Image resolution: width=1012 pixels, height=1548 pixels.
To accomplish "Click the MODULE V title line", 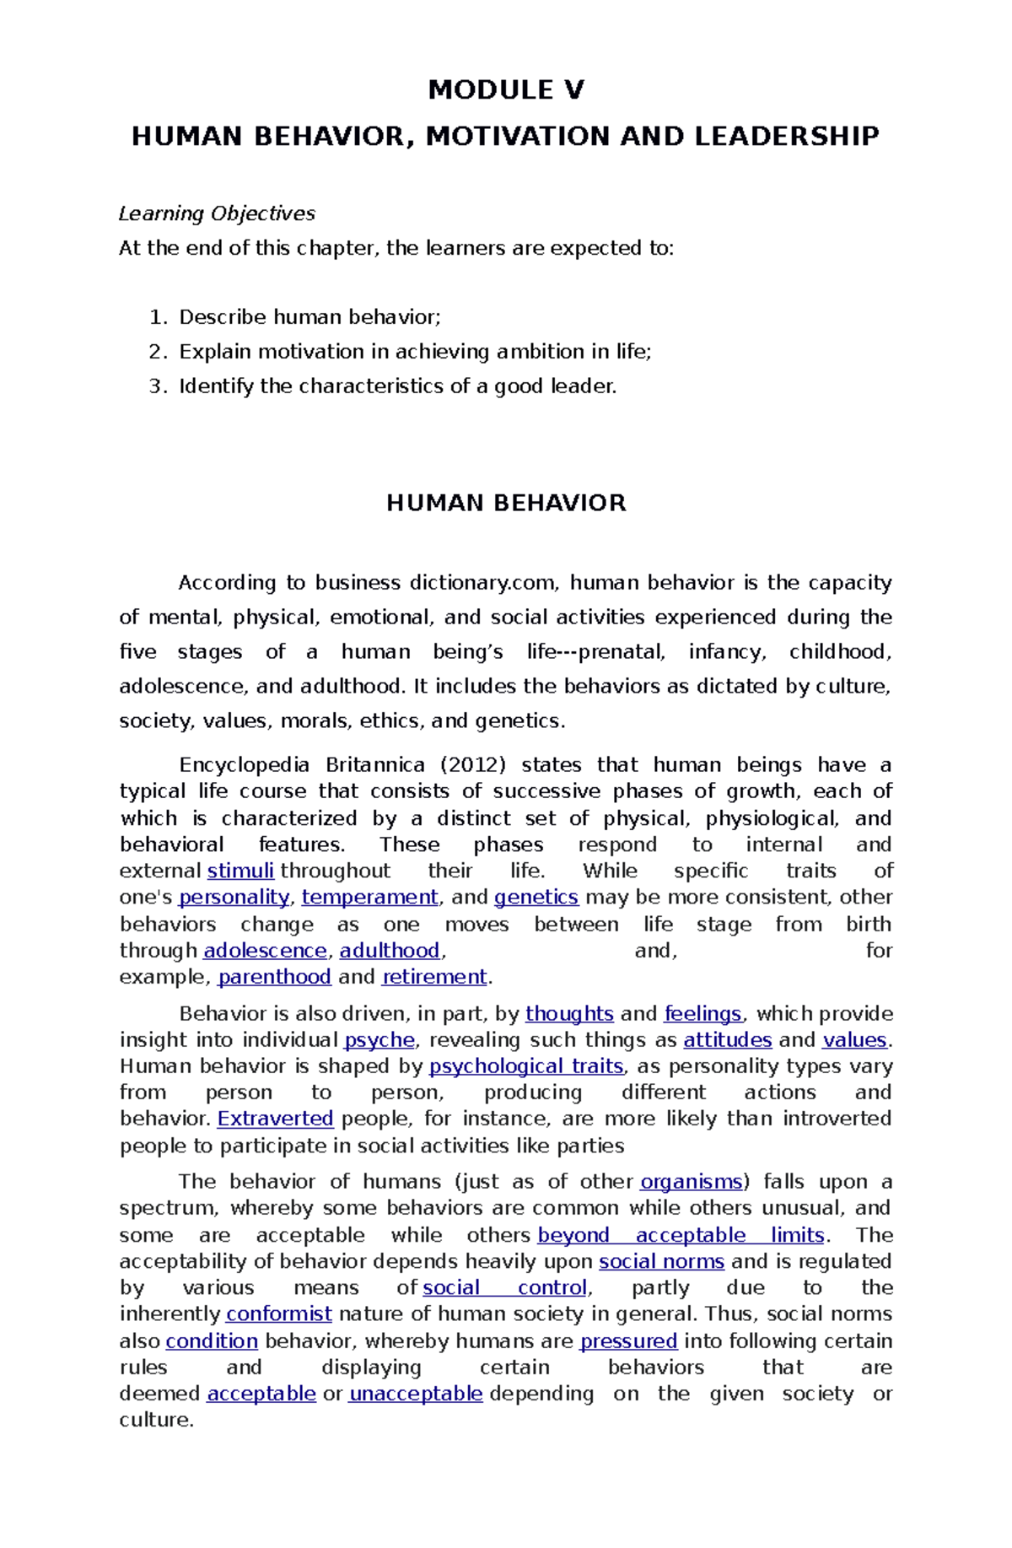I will pos(505,89).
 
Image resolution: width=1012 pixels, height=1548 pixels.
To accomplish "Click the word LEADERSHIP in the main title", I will pos(786,136).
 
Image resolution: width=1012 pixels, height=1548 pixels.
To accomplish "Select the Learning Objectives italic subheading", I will pos(217,213).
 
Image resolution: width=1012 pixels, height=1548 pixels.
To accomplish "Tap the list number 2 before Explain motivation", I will pos(155,352).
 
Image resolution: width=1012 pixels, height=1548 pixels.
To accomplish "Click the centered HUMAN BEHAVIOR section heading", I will pos(505,504).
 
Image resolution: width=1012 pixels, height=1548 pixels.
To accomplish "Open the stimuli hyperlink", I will pos(240,871).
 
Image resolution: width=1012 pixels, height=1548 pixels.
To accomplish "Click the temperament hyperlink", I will pos(369,897).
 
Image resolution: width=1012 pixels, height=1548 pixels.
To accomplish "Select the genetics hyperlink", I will pos(536,897).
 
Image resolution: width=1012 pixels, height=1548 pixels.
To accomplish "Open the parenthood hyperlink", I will pos(275,977).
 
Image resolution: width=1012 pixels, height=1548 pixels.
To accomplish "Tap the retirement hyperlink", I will pos(434,977).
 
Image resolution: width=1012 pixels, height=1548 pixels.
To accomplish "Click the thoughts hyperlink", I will pos(569,1013).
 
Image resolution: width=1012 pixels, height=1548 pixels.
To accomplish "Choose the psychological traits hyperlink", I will pos(526,1066).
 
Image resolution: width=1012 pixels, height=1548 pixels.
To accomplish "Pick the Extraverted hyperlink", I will pos(276,1119).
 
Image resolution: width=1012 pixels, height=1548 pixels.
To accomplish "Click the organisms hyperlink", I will pos(691,1182).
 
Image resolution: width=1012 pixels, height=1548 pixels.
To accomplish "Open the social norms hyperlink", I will pos(661,1261).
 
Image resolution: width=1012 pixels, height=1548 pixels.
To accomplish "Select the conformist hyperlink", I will pos(279,1314).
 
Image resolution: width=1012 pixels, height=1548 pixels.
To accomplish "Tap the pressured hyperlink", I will pos(629,1341).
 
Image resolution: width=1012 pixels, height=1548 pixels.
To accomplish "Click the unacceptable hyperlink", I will pos(416,1394).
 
